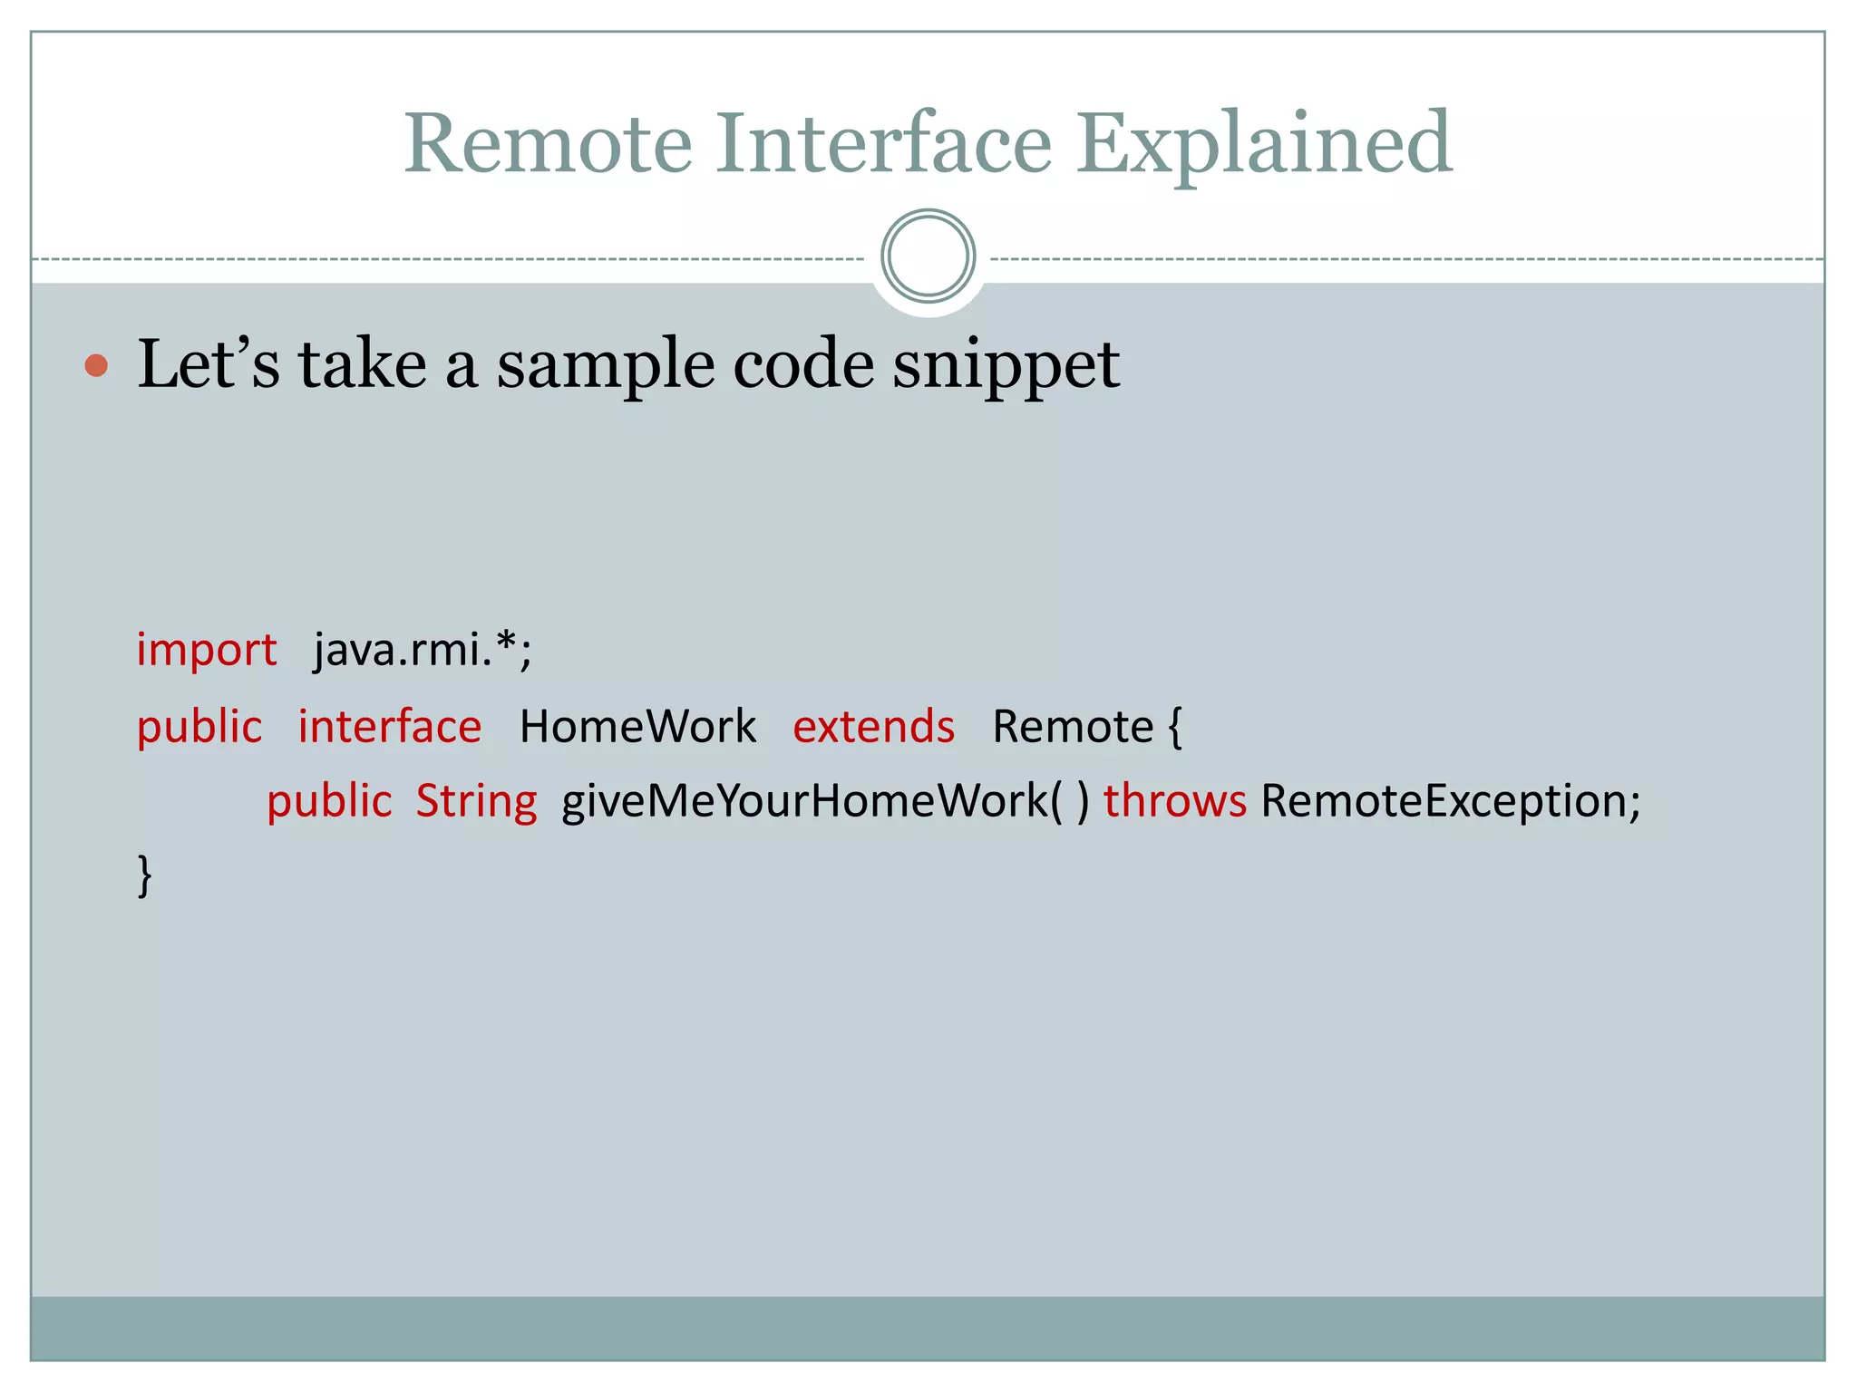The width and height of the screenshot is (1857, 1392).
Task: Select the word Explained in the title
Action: pos(1264,145)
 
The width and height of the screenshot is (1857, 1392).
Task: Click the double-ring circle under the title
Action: pos(928,256)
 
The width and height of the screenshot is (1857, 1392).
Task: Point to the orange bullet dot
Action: pos(96,366)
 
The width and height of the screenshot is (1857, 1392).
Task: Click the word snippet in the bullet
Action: pos(1006,364)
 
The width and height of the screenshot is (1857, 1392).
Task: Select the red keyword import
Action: pos(207,651)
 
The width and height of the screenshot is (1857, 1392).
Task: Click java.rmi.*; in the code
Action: pos(423,649)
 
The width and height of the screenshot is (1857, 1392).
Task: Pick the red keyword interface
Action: pos(390,727)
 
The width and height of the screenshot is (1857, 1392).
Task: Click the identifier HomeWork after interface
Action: pos(637,727)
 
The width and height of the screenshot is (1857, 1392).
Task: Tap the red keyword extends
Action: pos(873,727)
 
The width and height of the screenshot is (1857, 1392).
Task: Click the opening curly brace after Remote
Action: pos(1175,727)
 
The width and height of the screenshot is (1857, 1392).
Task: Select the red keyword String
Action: pos(476,802)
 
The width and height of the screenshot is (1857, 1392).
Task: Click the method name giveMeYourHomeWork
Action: pos(805,802)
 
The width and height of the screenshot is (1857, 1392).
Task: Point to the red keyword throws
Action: pos(1174,802)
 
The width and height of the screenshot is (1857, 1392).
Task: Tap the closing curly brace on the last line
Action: pos(144,875)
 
